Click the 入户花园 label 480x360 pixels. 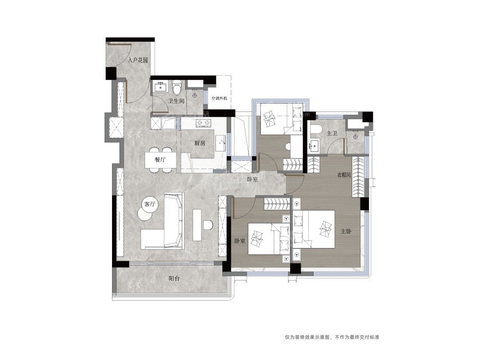(x=138, y=60)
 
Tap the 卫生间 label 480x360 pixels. (x=177, y=101)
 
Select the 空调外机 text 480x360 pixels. (x=220, y=99)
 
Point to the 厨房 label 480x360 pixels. (x=200, y=143)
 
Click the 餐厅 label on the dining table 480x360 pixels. (x=160, y=159)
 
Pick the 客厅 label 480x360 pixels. (x=150, y=204)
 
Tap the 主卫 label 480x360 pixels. (x=332, y=133)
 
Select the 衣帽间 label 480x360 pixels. (x=344, y=175)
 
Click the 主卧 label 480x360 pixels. (x=346, y=231)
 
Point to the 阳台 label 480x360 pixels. (x=174, y=278)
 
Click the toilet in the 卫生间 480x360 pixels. (x=177, y=87)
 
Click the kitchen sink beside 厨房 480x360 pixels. (x=220, y=143)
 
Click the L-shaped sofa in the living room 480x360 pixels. (x=163, y=221)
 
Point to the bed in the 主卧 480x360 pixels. (x=313, y=229)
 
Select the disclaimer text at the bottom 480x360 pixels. (x=332, y=337)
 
